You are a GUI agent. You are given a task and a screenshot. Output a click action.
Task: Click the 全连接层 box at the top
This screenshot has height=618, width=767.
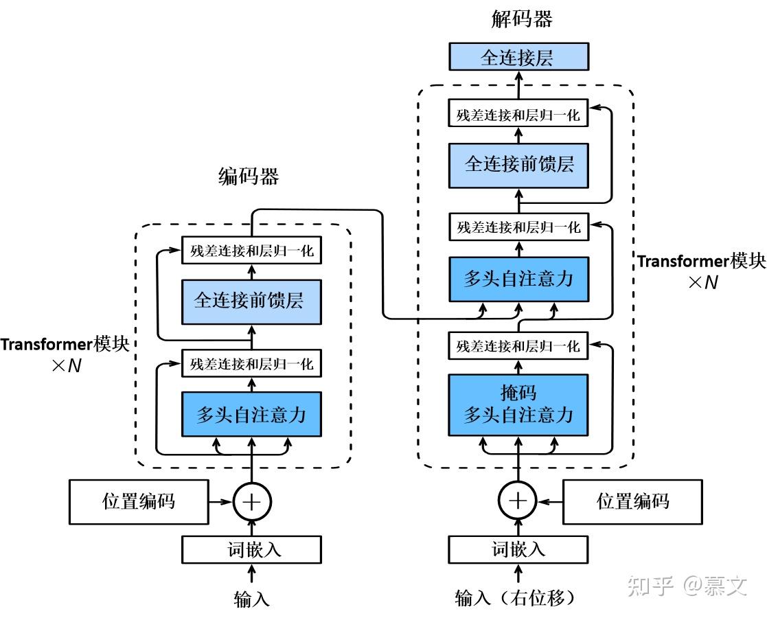[x=518, y=57]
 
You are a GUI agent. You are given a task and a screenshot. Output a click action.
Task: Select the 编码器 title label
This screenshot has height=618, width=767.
[x=249, y=177]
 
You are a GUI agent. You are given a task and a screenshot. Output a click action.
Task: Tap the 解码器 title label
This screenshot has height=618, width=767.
[x=522, y=19]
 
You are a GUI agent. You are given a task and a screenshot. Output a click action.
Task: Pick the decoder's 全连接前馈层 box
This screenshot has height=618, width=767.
[x=518, y=165]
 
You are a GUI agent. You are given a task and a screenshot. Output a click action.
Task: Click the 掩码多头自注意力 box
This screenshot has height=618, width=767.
[x=518, y=404]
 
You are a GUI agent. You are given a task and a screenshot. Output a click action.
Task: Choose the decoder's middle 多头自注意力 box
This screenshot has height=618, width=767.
[x=518, y=279]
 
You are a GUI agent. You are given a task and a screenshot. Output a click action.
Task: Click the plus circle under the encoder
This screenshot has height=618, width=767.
[x=253, y=502]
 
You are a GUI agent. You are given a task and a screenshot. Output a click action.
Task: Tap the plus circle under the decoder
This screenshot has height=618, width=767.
[x=518, y=501]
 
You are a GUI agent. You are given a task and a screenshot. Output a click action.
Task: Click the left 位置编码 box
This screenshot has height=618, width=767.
[x=139, y=501]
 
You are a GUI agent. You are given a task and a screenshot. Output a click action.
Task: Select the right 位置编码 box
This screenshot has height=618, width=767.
[x=632, y=501]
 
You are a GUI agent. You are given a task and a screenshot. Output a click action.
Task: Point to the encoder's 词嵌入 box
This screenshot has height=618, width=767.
[x=251, y=549]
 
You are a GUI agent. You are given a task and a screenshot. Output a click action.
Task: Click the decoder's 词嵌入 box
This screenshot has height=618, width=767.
[x=518, y=549]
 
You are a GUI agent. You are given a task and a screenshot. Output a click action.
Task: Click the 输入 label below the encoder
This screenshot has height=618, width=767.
[x=251, y=599]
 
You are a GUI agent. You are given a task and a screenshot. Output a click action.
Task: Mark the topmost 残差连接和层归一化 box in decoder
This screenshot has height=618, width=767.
[x=518, y=114]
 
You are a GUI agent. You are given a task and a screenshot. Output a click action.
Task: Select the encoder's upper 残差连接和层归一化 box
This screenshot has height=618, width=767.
[x=251, y=251]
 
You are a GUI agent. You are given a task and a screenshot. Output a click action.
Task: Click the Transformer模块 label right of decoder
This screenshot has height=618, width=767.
[x=700, y=262]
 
